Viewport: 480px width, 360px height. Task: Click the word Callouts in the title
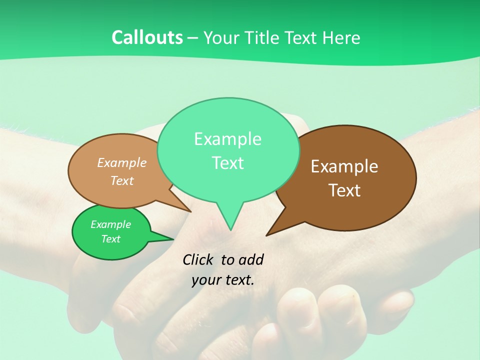[x=147, y=38]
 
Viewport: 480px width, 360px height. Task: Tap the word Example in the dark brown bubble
[x=344, y=166]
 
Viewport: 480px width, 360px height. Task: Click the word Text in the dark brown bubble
[x=344, y=190]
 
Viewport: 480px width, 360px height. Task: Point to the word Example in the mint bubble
[x=227, y=139]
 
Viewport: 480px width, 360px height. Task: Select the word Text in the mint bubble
[x=227, y=163]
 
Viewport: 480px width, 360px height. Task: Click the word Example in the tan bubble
[x=122, y=163]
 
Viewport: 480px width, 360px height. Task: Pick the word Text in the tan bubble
[x=122, y=180]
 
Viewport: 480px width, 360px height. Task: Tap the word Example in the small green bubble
[x=110, y=224]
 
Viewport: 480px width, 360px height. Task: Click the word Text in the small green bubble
[x=110, y=239]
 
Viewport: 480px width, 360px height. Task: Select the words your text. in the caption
[x=223, y=280]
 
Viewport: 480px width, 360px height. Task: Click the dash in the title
[x=193, y=38]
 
